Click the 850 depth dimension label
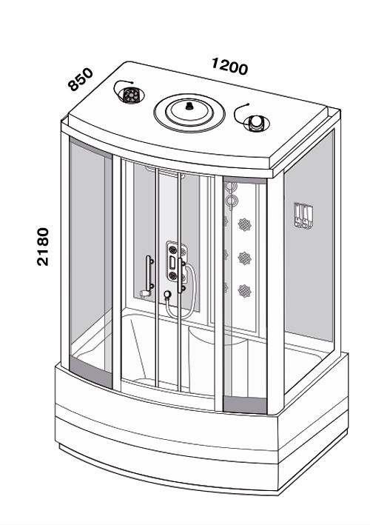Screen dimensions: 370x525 pyautogui.click(x=80, y=79)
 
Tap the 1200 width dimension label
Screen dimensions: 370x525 pyautogui.click(x=230, y=67)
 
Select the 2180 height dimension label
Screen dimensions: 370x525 pyautogui.click(x=43, y=247)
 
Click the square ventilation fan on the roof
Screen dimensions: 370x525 pyautogui.click(x=130, y=95)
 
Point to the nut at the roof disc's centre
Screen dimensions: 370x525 pyautogui.click(x=189, y=107)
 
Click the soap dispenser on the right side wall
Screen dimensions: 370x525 pyautogui.click(x=303, y=215)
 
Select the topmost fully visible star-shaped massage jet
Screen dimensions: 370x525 pyautogui.click(x=244, y=224)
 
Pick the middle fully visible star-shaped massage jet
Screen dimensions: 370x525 pyautogui.click(x=244, y=258)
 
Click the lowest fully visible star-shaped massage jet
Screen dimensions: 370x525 pyautogui.click(x=244, y=290)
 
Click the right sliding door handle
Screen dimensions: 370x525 pyautogui.click(x=181, y=275)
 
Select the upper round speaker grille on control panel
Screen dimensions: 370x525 pyautogui.click(x=172, y=250)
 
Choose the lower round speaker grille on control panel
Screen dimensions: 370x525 pyautogui.click(x=172, y=276)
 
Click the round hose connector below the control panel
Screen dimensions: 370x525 pyautogui.click(x=167, y=294)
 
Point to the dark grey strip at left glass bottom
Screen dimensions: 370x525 pyautogui.click(x=90, y=372)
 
